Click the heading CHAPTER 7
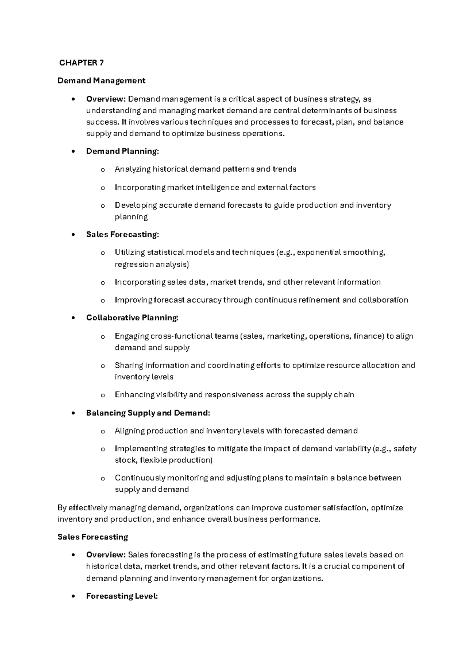pos(81,63)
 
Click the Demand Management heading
pos(101,81)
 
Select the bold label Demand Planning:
pos(122,151)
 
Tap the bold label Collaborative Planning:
pos(132,318)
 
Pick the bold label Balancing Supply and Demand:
pos(148,413)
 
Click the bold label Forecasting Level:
pos(122,596)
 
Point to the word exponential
pos(319,252)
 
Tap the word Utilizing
pos(129,252)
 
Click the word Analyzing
pos(132,169)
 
